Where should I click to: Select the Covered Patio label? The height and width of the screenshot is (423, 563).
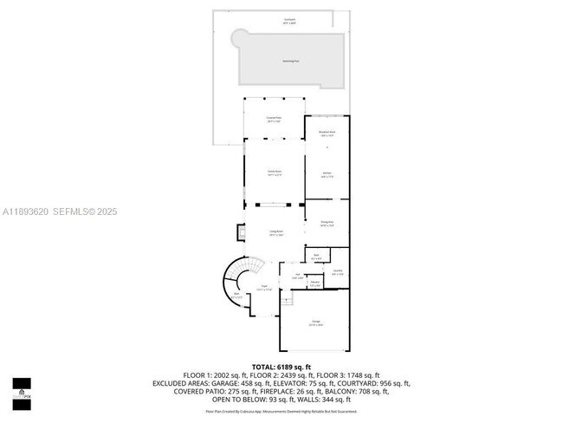pos(275,120)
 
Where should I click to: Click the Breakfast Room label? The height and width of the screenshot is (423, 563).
pos(327,133)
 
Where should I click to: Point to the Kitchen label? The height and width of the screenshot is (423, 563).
pos(327,174)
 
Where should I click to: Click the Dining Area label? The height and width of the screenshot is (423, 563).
pos(327,225)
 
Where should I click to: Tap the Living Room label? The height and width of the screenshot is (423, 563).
pos(275,233)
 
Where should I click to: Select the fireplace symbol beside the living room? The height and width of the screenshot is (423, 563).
pos(241,232)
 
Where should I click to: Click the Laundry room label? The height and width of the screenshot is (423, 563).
pos(338,273)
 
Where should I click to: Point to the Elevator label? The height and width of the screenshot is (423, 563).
pos(315,283)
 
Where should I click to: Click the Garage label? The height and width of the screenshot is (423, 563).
pos(315,322)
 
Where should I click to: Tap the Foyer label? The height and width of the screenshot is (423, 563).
pos(264,287)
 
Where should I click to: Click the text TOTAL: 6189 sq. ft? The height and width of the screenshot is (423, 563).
pos(281,367)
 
